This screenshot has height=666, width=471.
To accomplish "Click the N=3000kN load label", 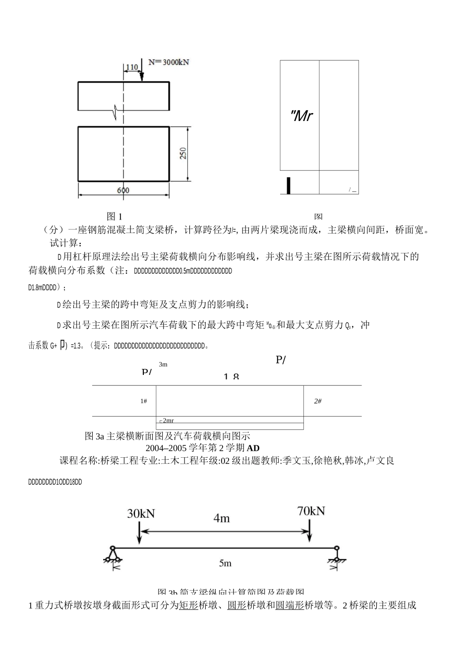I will [x=169, y=62].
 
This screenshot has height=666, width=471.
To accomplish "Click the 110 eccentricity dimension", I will [x=131, y=67].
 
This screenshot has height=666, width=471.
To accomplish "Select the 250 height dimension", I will [x=183, y=154].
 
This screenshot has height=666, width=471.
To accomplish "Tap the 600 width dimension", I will [x=123, y=190].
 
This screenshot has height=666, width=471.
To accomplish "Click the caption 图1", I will [x=115, y=216].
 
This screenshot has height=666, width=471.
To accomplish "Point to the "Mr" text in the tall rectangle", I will [x=301, y=116].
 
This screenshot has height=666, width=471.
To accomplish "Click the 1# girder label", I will [x=144, y=401].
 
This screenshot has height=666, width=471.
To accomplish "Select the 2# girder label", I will [x=318, y=401].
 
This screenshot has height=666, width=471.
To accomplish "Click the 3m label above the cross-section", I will [x=163, y=364].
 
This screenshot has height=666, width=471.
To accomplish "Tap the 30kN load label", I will [x=141, y=513].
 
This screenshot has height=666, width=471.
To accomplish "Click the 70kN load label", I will [x=311, y=510].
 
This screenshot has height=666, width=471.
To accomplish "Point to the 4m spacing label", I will [x=222, y=518].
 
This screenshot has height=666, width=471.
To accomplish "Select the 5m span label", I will [x=225, y=563].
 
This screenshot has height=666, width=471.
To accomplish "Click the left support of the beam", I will [x=113, y=554].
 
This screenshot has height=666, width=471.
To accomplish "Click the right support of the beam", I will [x=337, y=554].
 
